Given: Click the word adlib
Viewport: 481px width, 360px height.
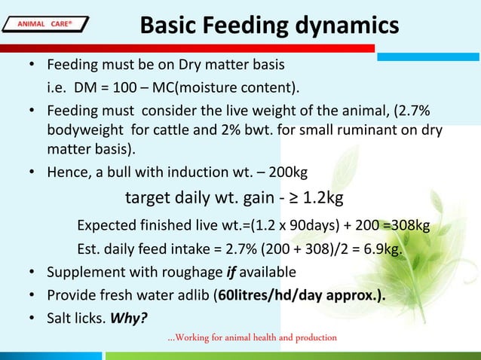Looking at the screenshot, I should click(x=191, y=294).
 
